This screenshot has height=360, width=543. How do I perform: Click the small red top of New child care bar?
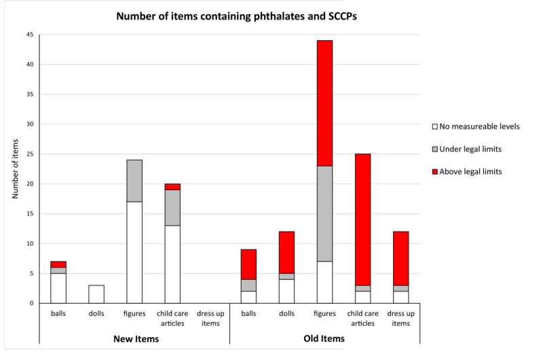click(172, 186)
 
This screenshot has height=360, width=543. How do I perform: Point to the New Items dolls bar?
click(96, 294)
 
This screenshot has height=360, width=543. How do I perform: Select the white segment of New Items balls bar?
click(58, 288)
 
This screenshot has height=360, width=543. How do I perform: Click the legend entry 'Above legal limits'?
click(471, 172)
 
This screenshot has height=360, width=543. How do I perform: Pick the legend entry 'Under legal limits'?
click(471, 149)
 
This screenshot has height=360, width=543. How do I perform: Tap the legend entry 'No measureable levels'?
click(475, 126)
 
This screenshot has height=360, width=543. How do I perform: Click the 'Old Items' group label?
click(324, 339)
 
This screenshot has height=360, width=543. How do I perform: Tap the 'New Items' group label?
click(134, 339)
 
